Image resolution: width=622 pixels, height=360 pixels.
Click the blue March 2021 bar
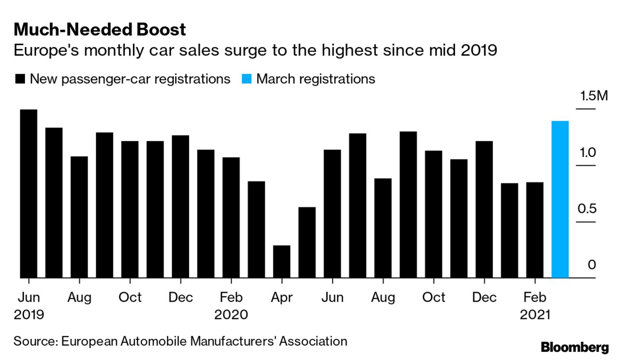click(x=560, y=199)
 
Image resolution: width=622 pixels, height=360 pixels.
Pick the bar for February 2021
click(x=535, y=230)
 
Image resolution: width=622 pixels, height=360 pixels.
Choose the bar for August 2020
click(x=383, y=228)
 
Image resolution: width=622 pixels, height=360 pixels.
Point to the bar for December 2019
click(x=181, y=206)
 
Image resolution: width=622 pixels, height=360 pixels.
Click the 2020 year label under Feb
click(x=231, y=315)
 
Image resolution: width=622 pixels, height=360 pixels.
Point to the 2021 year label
click(x=535, y=315)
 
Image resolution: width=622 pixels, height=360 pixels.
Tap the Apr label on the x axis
click(x=282, y=297)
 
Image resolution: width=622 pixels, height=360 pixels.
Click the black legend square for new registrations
click(x=20, y=79)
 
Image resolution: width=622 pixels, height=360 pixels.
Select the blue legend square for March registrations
click(x=246, y=79)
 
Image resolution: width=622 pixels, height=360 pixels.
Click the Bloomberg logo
click(x=574, y=347)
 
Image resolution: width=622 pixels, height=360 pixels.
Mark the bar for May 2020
click(x=307, y=242)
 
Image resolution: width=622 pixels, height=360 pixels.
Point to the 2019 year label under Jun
click(x=29, y=315)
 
